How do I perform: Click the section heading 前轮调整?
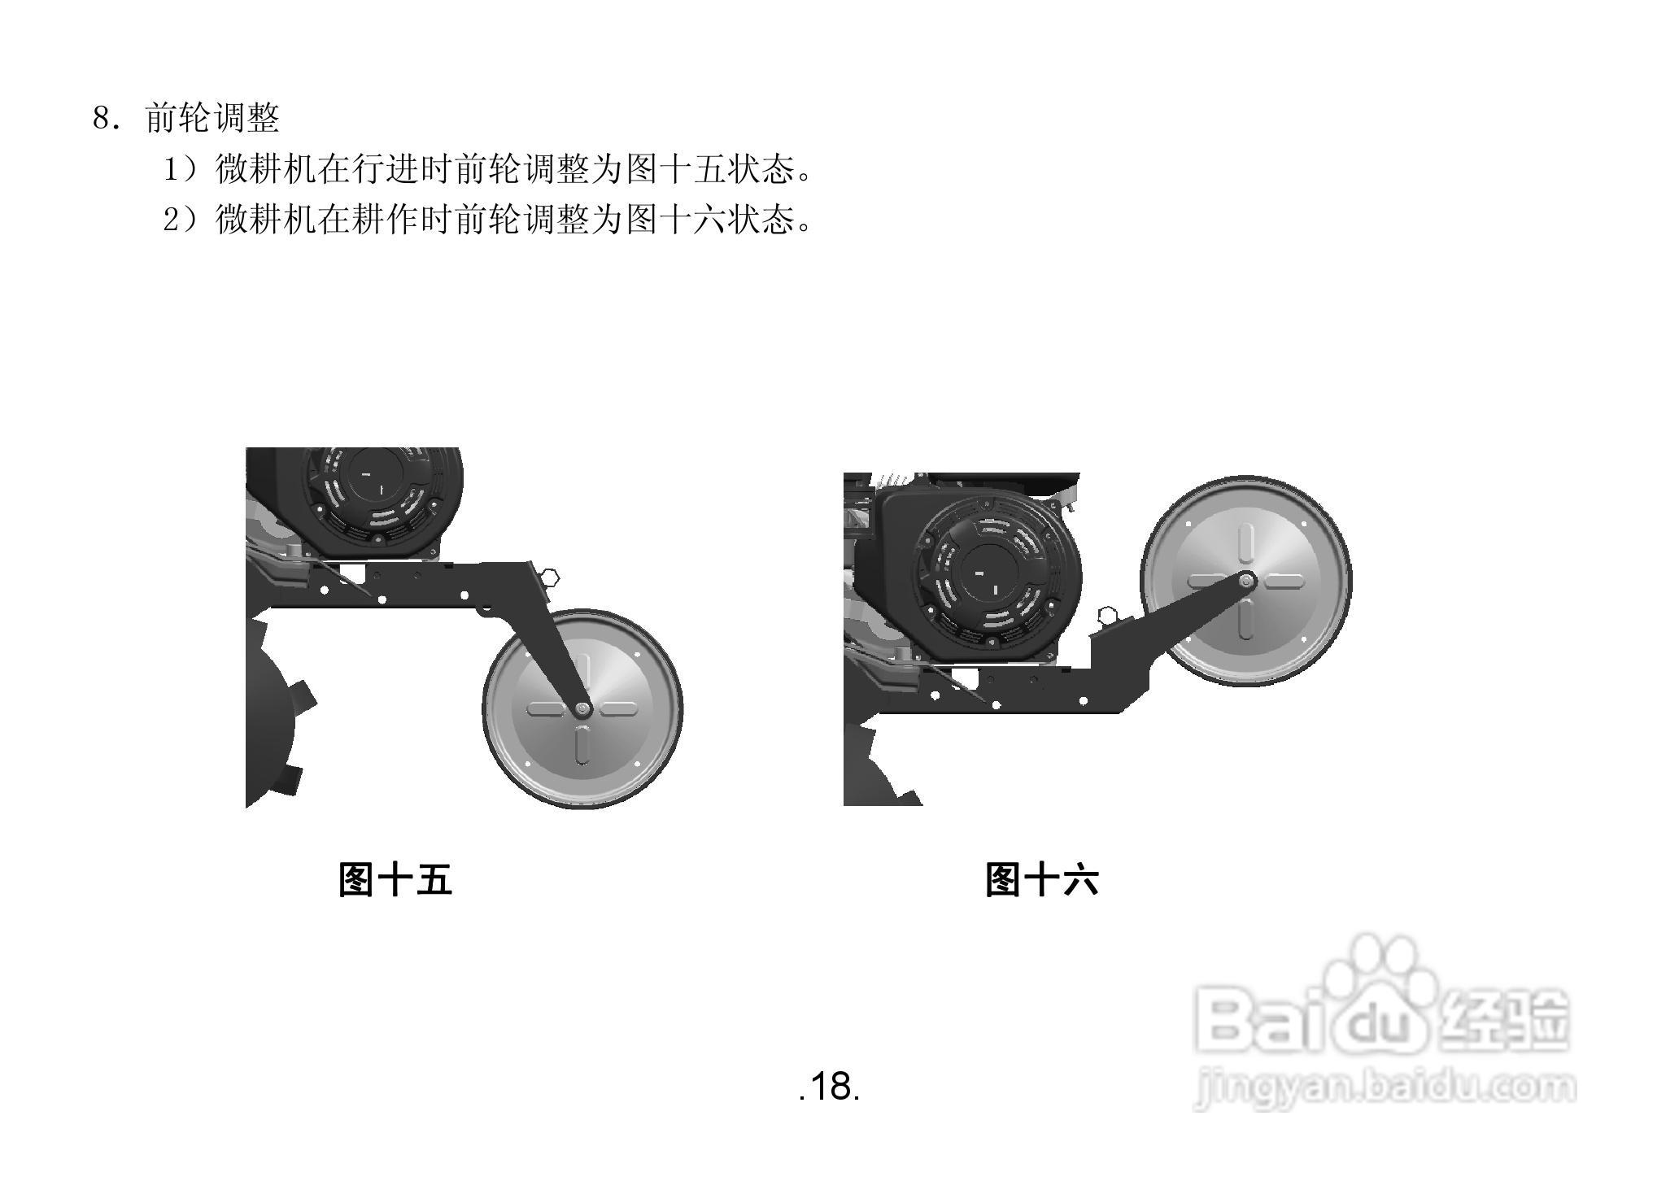point(212,119)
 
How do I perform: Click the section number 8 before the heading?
point(101,119)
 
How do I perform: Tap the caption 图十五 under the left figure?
point(395,880)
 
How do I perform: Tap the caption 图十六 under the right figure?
point(1041,880)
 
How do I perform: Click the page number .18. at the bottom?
point(830,1087)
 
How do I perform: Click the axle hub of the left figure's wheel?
point(582,709)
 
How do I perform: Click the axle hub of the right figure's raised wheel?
point(1245,581)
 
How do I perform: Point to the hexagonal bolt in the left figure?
point(551,578)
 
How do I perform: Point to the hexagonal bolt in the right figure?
point(1106,615)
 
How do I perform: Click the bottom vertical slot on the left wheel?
point(582,744)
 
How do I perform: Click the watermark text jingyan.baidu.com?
point(1383,1088)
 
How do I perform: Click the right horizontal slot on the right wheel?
point(1283,581)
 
